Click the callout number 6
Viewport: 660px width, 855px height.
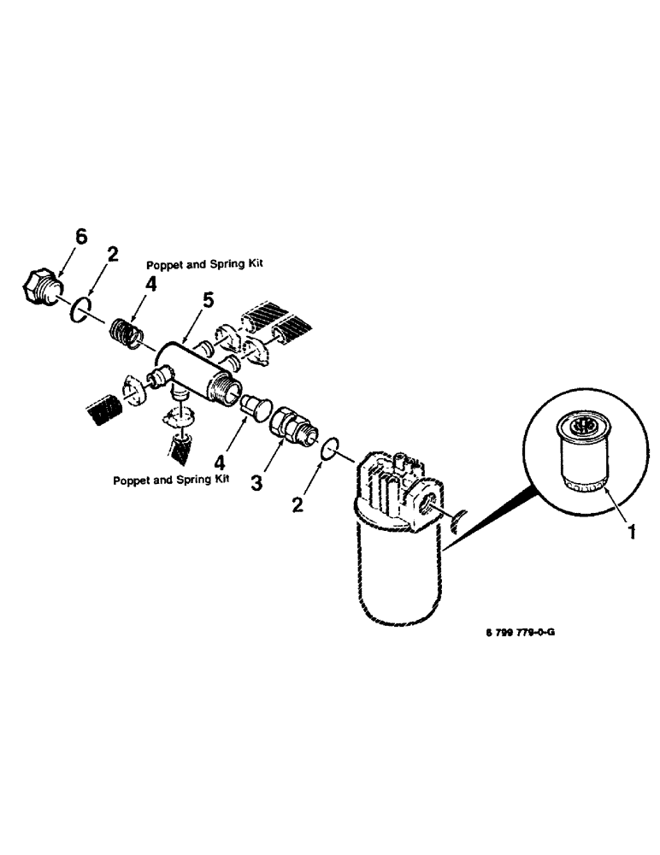[x=80, y=238]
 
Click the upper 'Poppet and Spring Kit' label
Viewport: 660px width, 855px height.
[x=203, y=264]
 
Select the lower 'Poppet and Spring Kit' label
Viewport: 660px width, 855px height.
[x=172, y=480]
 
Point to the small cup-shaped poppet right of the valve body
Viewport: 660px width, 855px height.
[x=254, y=404]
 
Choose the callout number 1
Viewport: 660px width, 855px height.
[x=631, y=532]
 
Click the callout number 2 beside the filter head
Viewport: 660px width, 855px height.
[x=298, y=504]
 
